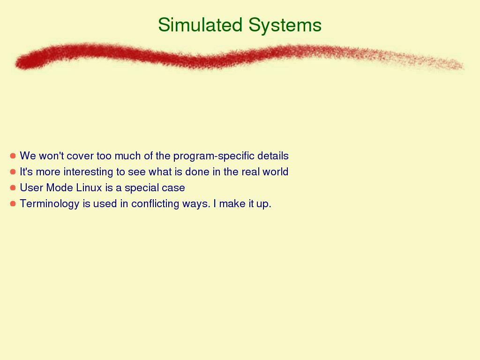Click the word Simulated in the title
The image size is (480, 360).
pyautogui.click(x=200, y=24)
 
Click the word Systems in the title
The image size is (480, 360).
pyautogui.click(x=285, y=25)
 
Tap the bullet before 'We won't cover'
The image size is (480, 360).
pyautogui.click(x=13, y=156)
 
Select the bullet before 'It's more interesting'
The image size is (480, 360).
pyautogui.click(x=13, y=172)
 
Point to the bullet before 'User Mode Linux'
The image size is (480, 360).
pyautogui.click(x=13, y=187)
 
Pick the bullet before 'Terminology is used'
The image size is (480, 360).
pyautogui.click(x=13, y=203)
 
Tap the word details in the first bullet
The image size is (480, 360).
pyautogui.click(x=273, y=156)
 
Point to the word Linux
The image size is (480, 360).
pyautogui.click(x=89, y=187)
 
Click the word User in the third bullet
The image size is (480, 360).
pyautogui.click(x=31, y=187)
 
